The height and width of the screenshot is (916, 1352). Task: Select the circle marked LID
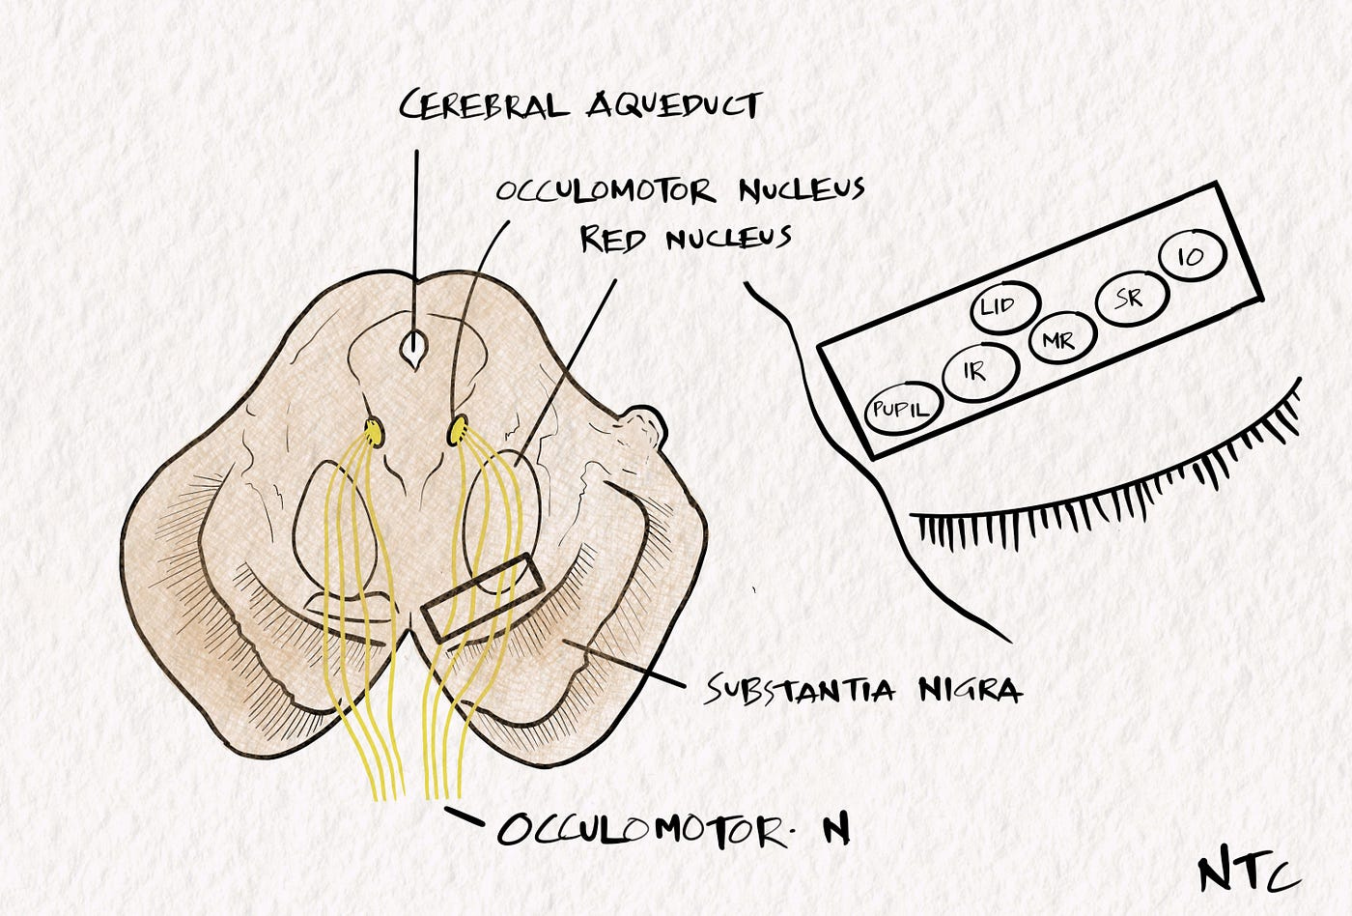click(1004, 307)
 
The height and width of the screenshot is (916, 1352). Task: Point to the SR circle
click(1127, 301)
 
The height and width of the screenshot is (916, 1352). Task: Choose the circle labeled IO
click(1191, 256)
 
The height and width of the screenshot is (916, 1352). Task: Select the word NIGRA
click(966, 690)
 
